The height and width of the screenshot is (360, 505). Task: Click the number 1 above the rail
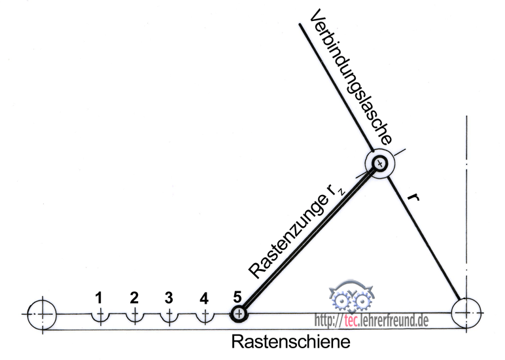99,298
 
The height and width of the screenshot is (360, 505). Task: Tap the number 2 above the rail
134,298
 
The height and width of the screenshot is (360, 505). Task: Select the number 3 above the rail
169,298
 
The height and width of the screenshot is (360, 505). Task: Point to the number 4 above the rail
204,298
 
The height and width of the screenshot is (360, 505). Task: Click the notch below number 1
99,316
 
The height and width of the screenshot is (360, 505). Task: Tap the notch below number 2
135,316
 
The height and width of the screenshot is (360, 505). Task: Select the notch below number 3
169,316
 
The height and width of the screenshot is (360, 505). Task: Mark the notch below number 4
205,316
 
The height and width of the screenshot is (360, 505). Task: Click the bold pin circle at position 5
239,314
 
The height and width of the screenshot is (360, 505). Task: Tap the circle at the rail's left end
43,314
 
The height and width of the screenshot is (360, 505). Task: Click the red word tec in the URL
352,320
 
